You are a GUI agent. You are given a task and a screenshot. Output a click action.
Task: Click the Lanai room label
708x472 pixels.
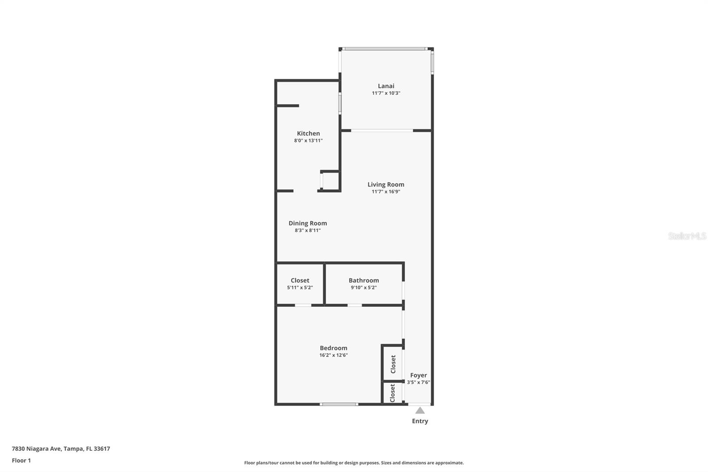pos(386,86)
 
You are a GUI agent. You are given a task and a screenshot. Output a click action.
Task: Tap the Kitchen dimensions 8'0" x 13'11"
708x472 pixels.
pos(308,141)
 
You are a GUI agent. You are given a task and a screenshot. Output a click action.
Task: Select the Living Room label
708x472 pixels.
pos(386,185)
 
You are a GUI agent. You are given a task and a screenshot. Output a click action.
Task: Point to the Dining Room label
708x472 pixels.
pos(308,223)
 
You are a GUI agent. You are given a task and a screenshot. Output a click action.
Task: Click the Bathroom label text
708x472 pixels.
pos(364,280)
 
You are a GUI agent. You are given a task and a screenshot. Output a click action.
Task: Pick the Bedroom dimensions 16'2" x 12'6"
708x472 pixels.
pos(334,355)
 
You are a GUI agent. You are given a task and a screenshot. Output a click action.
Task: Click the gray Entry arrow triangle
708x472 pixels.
pos(420,410)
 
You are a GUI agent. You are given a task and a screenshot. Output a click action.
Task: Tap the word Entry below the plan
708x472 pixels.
pos(420,421)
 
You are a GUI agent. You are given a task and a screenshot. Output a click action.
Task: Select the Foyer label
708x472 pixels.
pos(418,375)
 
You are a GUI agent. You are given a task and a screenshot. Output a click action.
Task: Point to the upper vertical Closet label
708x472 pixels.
pos(393,364)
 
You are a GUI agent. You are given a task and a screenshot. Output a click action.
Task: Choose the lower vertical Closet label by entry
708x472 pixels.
pos(392,393)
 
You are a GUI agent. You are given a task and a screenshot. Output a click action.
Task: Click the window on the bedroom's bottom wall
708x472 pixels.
pos(339,404)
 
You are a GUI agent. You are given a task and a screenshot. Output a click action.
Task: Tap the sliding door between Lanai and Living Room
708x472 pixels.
pos(382,131)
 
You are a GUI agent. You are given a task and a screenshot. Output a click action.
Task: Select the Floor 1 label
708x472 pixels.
pos(21,460)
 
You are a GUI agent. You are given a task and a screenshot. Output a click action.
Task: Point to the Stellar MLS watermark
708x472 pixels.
pos(687,236)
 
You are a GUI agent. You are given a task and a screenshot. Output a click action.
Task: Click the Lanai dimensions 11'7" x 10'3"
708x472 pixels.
pos(386,93)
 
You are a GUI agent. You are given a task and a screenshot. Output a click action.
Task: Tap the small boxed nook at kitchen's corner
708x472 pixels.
pos(330,181)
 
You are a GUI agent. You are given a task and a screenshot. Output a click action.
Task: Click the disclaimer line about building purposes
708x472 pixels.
pos(354,463)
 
